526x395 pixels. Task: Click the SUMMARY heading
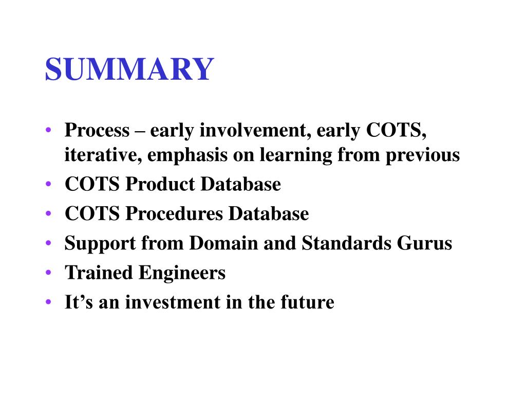129,69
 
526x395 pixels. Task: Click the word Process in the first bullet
97,131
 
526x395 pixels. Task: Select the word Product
162,184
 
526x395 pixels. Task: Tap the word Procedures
175,213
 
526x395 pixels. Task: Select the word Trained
98,273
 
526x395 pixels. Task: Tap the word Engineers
181,273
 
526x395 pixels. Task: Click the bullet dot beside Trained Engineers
48,273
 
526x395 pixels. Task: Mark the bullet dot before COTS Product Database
48,184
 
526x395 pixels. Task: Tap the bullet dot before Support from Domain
48,243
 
